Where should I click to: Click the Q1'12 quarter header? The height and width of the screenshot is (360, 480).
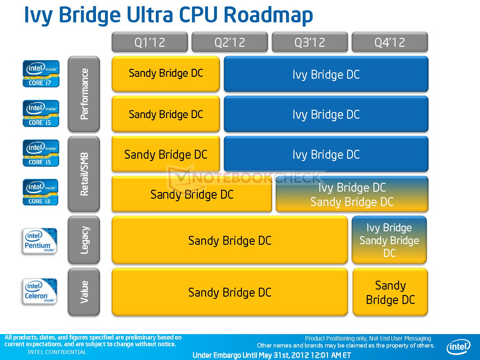pos(149,42)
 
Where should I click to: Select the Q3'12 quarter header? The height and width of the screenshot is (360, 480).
pos(309,42)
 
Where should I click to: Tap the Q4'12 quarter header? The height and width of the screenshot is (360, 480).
pos(389,42)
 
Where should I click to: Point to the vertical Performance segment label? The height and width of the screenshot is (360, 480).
pos(84,94)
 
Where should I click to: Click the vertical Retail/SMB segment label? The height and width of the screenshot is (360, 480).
pos(84,174)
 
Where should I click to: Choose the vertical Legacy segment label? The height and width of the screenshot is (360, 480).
pos(84,240)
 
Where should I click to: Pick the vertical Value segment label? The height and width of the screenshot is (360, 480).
pos(84,292)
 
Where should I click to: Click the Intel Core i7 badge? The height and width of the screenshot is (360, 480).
pos(41,74)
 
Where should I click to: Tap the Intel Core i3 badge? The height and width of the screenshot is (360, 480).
pos(40,192)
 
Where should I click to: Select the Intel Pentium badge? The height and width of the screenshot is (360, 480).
pos(39,241)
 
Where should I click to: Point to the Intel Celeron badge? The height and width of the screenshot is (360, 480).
pos(39,292)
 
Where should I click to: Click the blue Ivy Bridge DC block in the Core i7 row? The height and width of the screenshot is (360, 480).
pos(326,74)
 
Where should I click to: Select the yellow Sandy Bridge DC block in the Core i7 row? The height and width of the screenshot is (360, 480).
pos(165,74)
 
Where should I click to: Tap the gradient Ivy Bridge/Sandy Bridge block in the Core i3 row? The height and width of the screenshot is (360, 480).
pos(352,194)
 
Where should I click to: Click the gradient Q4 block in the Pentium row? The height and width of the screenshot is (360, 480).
pos(389,240)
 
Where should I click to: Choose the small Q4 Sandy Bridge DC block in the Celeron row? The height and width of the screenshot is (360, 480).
pos(390,292)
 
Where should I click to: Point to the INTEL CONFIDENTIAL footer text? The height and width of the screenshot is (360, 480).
pos(57,352)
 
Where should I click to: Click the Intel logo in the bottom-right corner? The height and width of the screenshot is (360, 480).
pos(458,347)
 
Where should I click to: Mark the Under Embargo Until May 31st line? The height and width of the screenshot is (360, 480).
pos(271,355)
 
